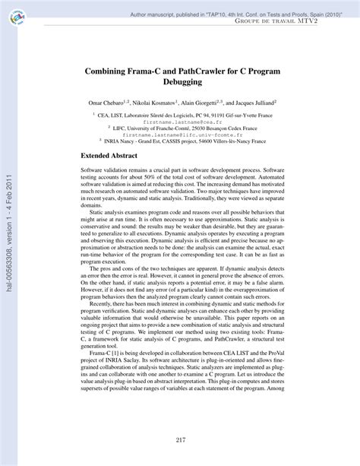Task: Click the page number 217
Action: (x=181, y=440)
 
